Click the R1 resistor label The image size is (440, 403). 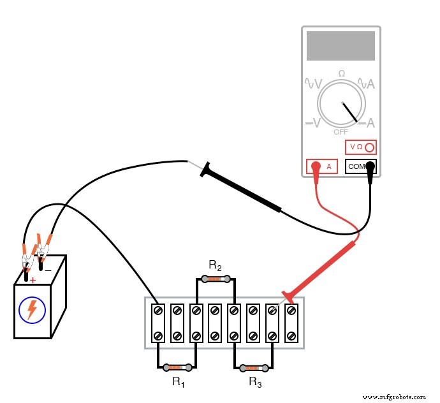[x=178, y=382]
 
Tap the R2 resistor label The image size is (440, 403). [x=215, y=265]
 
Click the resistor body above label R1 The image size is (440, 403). [x=177, y=367]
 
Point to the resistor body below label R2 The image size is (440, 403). [x=216, y=279]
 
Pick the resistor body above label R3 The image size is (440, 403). [x=254, y=368]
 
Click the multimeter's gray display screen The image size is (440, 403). [x=341, y=46]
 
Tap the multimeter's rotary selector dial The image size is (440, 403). [x=342, y=105]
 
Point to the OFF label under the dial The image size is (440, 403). [x=341, y=132]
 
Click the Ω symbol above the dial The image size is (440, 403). [x=341, y=74]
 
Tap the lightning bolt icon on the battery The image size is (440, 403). [x=32, y=310]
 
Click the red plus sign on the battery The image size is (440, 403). [x=32, y=280]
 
